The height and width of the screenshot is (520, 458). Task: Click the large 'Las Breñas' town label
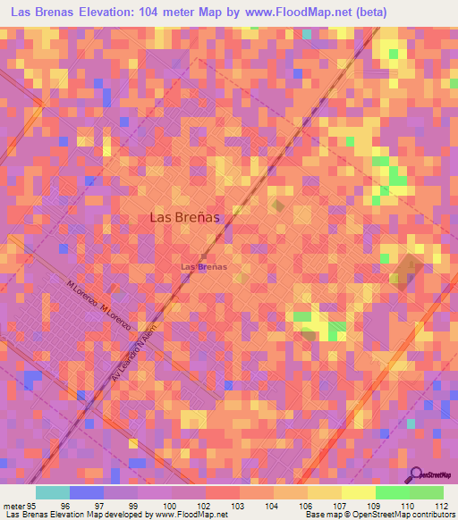tap(184, 217)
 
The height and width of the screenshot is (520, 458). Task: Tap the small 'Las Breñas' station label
tap(203, 266)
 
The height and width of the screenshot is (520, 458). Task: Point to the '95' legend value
tap(32, 505)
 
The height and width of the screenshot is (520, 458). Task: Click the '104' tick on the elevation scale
tap(271, 505)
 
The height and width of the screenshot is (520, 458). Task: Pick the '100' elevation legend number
tap(170, 505)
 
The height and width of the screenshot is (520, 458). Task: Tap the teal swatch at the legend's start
tap(52, 492)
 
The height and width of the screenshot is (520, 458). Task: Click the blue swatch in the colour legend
tap(86, 492)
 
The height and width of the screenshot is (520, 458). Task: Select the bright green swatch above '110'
tap(392, 492)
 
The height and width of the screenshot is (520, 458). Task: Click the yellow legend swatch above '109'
tap(358, 492)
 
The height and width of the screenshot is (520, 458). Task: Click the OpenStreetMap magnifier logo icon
tap(416, 473)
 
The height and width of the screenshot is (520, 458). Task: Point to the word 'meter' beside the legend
tap(13, 505)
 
